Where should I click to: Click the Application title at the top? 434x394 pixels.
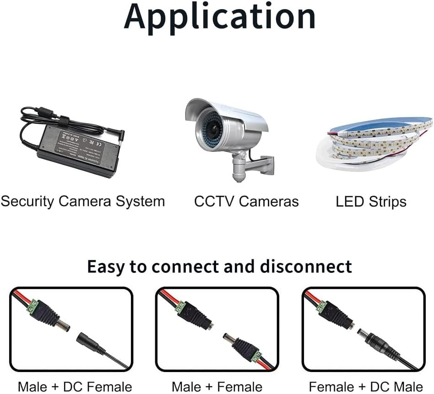220,16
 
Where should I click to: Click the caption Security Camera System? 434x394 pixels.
83,201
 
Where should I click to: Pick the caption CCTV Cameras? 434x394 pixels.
246,201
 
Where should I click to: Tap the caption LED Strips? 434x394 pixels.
371,201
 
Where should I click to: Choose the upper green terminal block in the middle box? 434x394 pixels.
180,307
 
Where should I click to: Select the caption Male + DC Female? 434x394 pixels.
75,387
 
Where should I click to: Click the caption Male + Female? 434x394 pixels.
217,387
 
